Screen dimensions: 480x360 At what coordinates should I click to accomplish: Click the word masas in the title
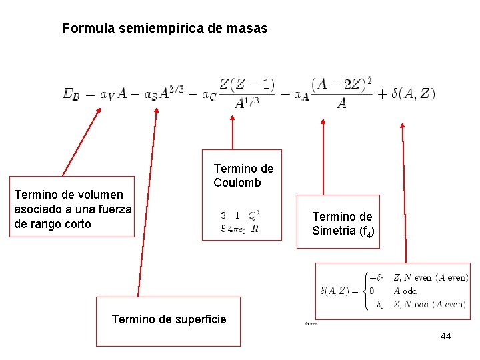249,29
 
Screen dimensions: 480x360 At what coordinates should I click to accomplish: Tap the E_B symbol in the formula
71,94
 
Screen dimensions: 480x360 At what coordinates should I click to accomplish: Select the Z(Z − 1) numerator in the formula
247,85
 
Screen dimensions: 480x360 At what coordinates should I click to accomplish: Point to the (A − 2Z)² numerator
341,85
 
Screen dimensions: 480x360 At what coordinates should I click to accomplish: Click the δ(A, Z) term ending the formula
413,94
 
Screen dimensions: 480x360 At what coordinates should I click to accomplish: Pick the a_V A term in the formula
113,94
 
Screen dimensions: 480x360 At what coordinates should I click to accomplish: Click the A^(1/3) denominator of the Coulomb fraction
247,103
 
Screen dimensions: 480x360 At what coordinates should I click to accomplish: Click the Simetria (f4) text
343,231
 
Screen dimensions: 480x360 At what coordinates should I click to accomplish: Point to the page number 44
445,336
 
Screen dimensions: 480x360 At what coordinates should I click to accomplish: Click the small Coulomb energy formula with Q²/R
240,222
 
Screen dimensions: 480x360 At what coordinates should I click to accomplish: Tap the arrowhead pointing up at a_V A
97,112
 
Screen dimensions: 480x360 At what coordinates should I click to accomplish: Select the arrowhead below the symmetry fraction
323,123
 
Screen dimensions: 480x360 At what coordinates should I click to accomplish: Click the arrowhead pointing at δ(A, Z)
402,125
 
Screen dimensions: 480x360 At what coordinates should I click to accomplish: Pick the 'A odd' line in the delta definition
406,291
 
